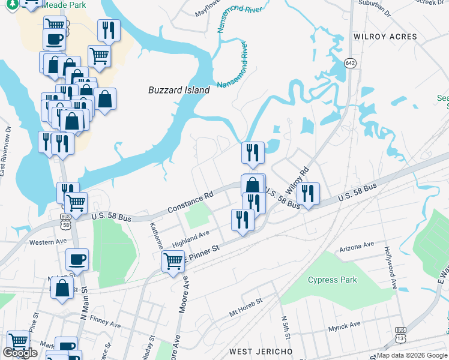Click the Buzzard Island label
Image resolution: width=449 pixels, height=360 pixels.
[179, 90]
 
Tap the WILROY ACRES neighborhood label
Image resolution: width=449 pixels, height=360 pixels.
[385, 37]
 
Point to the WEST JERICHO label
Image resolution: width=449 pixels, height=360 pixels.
[261, 351]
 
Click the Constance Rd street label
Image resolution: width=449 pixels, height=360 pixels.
[191, 203]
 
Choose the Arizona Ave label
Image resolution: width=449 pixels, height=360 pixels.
[357, 246]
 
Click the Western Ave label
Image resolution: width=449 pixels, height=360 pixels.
[46, 242]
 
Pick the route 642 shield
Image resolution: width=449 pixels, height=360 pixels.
[350, 62]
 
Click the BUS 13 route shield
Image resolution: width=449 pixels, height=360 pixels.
[400, 332]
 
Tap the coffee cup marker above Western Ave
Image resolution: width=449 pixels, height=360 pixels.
[77, 260]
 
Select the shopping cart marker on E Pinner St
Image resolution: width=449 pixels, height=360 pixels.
[173, 260]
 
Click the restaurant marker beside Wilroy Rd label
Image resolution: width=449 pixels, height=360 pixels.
[308, 193]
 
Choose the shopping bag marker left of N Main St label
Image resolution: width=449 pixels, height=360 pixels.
[62, 289]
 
